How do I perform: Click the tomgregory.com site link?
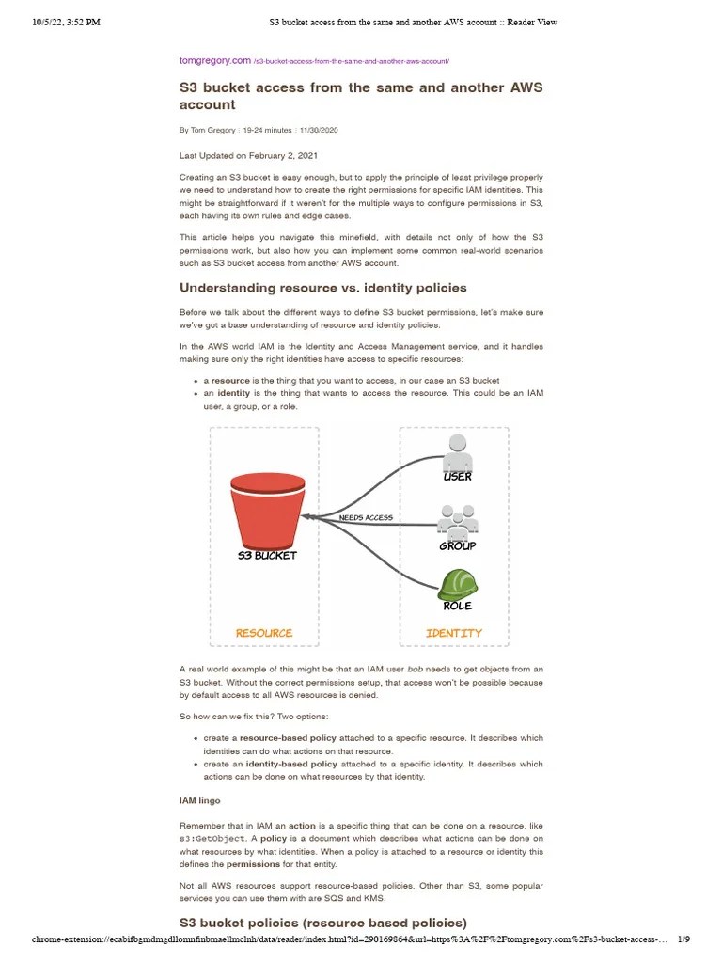(215, 61)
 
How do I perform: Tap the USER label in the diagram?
(457, 477)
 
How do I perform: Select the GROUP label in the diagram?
(457, 546)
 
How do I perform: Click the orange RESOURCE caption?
(264, 633)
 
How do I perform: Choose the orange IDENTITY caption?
(454, 633)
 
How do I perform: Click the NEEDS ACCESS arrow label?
(366, 518)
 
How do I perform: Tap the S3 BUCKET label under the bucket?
(266, 555)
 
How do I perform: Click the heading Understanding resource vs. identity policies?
(322, 287)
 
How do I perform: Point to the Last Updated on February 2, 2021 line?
(255, 155)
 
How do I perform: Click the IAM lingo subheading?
(200, 800)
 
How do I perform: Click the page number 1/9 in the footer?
(683, 939)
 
